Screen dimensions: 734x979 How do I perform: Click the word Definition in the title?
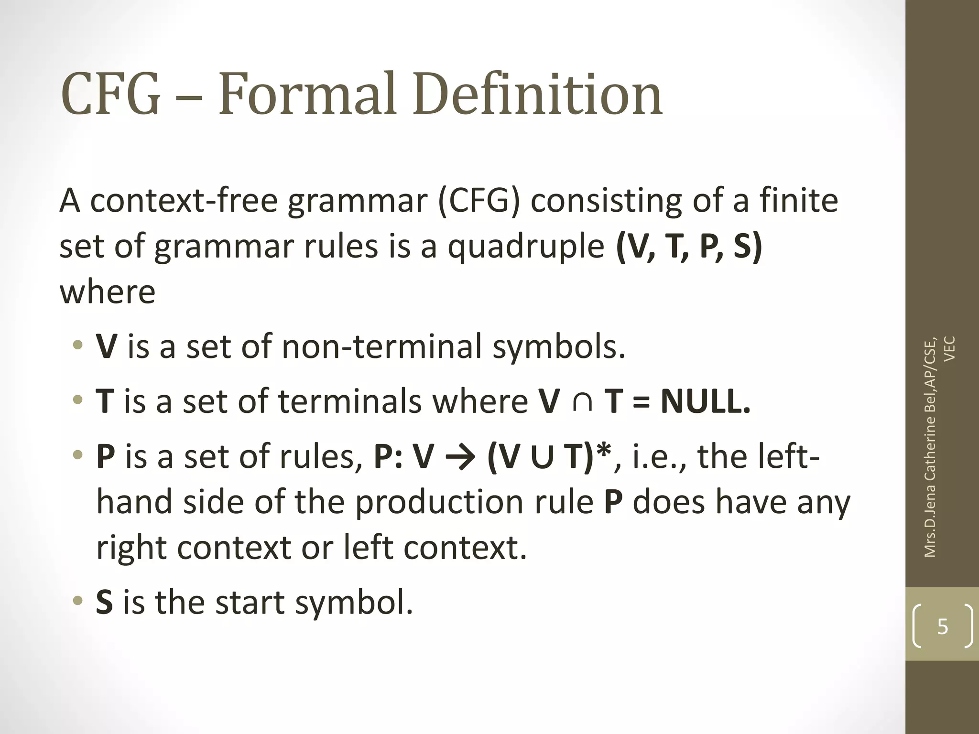pyautogui.click(x=537, y=94)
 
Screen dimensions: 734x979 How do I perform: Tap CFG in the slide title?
pyautogui.click(x=110, y=94)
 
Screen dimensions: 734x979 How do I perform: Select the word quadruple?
pyautogui.click(x=525, y=247)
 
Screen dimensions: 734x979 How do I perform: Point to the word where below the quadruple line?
pyautogui.click(x=108, y=292)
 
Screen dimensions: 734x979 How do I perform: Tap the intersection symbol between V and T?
pyautogui.click(x=582, y=401)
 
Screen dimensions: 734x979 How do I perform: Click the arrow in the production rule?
pyautogui.click(x=460, y=457)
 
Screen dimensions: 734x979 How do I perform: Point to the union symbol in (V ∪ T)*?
pyautogui.click(x=542, y=457)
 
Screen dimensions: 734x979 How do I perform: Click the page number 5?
pyautogui.click(x=942, y=626)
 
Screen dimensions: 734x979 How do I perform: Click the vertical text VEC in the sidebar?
pyautogui.click(x=950, y=349)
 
